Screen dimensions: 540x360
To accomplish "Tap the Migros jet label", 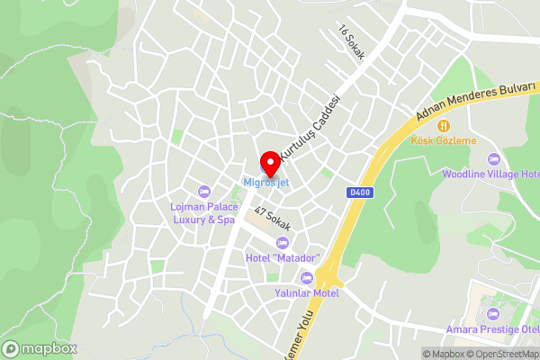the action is click(265, 184).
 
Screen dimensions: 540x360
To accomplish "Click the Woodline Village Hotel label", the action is click(491, 174).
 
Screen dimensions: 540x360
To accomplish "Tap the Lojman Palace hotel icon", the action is click(203, 191).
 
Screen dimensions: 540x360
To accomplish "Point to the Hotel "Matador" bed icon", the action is click(283, 243).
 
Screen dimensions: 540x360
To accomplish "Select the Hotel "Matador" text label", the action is click(281, 259).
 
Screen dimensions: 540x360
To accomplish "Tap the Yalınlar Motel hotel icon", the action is click(307, 277).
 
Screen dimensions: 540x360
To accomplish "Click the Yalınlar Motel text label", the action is click(307, 292).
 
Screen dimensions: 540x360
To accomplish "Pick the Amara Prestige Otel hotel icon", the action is click(491, 313).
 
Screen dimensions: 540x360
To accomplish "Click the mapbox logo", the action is click(40, 348).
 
